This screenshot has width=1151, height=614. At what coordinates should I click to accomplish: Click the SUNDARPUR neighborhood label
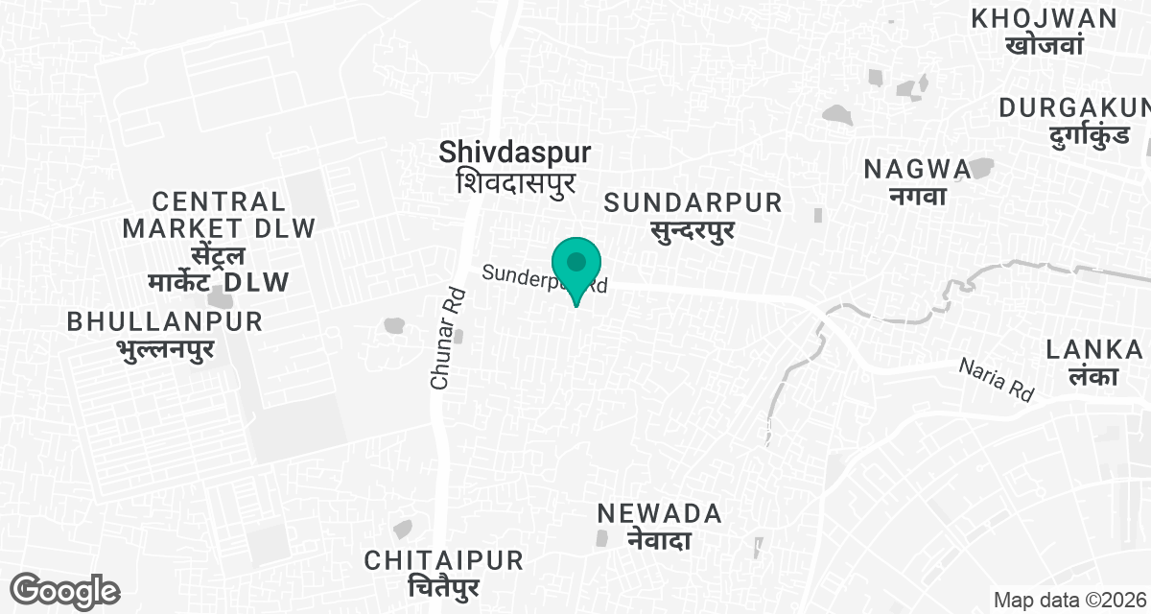tap(693, 203)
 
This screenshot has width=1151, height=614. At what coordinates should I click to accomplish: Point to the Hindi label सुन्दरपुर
tap(693, 230)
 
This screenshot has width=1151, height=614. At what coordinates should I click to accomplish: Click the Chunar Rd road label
tap(442, 340)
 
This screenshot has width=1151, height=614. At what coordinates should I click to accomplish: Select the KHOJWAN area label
tap(1044, 18)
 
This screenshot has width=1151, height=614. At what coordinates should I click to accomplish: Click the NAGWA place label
tap(917, 169)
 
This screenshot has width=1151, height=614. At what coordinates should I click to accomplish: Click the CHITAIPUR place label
tap(443, 560)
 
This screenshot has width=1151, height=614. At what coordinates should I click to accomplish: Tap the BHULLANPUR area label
tap(165, 322)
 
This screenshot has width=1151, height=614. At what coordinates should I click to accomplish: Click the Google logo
tap(64, 591)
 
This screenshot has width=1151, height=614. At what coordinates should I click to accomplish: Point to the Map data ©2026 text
tap(1070, 601)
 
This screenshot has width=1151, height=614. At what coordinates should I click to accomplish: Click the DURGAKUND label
tap(1074, 107)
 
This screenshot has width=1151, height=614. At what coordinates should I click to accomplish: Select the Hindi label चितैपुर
tap(443, 587)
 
